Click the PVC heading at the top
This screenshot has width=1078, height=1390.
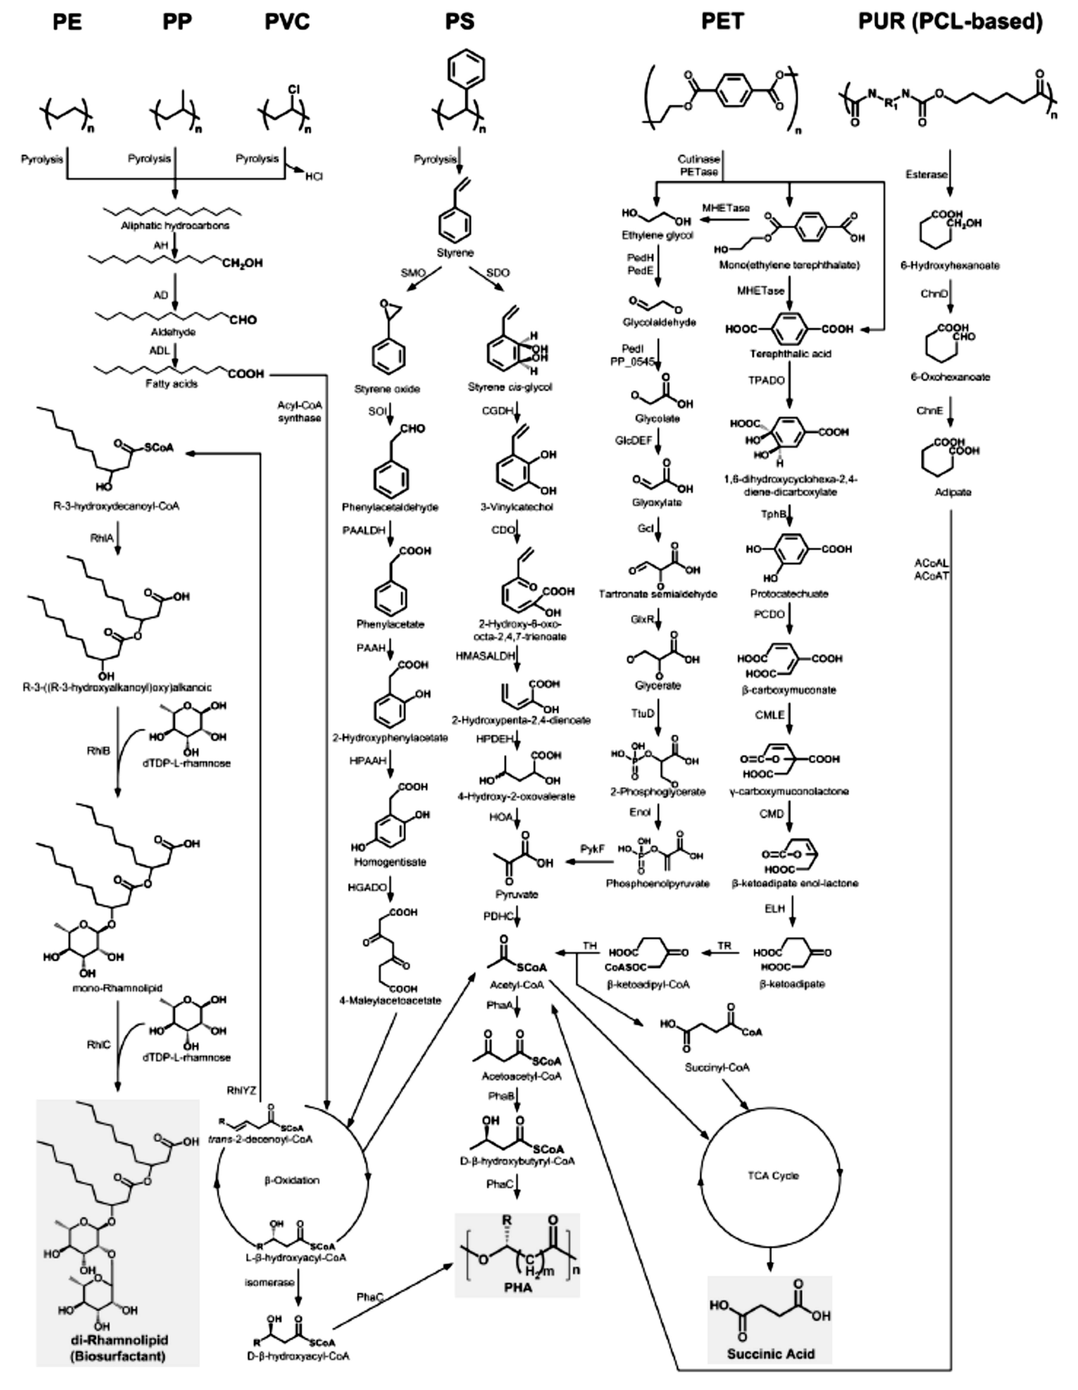coord(287,22)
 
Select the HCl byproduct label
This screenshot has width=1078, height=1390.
coord(313,176)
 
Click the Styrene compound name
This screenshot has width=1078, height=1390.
coord(455,253)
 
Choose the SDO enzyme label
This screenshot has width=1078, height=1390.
coord(498,273)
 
